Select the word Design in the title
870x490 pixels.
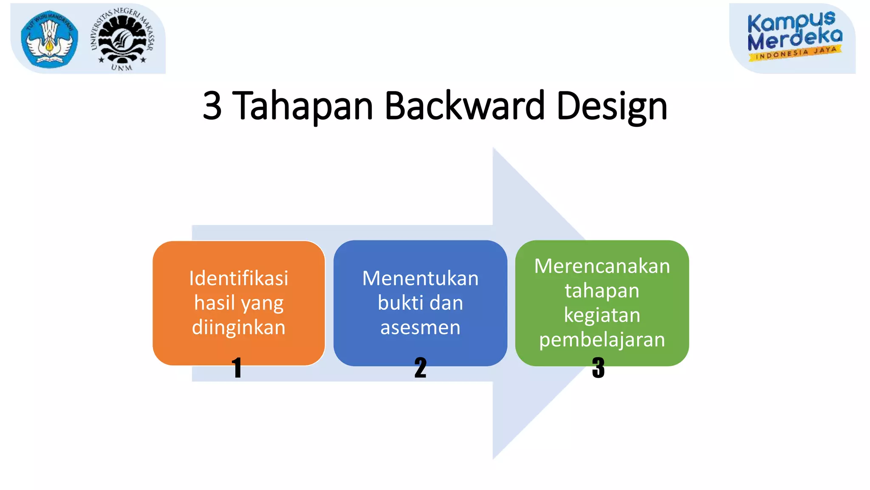click(x=612, y=106)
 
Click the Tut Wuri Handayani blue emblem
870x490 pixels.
click(x=50, y=39)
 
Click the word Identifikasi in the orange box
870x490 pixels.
click(x=239, y=279)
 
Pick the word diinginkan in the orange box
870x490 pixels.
click(x=239, y=328)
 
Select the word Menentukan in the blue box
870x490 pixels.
click(x=420, y=279)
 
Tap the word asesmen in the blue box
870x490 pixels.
click(x=420, y=328)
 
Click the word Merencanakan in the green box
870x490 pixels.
click(x=602, y=266)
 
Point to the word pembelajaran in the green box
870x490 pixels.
click(x=602, y=340)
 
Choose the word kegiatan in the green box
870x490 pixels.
click(x=602, y=316)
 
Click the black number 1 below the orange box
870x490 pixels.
click(x=237, y=368)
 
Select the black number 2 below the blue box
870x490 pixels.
click(x=420, y=368)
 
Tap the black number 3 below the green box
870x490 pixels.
click(x=598, y=368)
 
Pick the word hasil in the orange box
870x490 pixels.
click(x=215, y=303)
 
